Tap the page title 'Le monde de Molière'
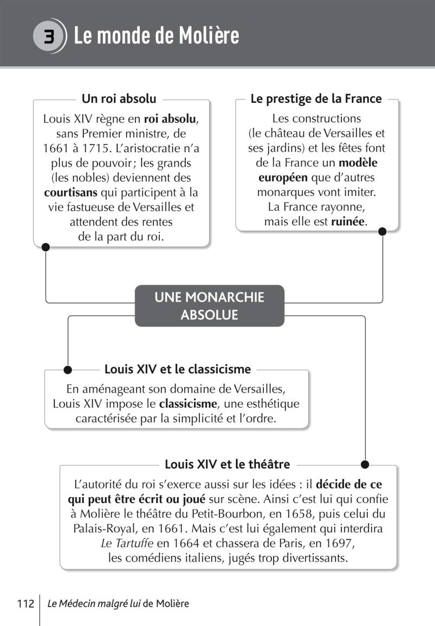pos(156,36)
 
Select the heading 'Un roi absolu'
pos(119,99)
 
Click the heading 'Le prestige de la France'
pos(316,99)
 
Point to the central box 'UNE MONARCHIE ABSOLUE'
pos(209,305)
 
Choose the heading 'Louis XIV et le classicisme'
pos(178,369)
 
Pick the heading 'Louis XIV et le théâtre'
pos(227,464)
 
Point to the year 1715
pos(97,148)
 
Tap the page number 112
pos(25,603)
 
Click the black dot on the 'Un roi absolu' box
pos(46,247)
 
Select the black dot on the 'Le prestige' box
pos(382,231)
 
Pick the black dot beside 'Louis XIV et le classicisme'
pos(68,370)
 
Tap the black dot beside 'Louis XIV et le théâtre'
pos(365,464)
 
